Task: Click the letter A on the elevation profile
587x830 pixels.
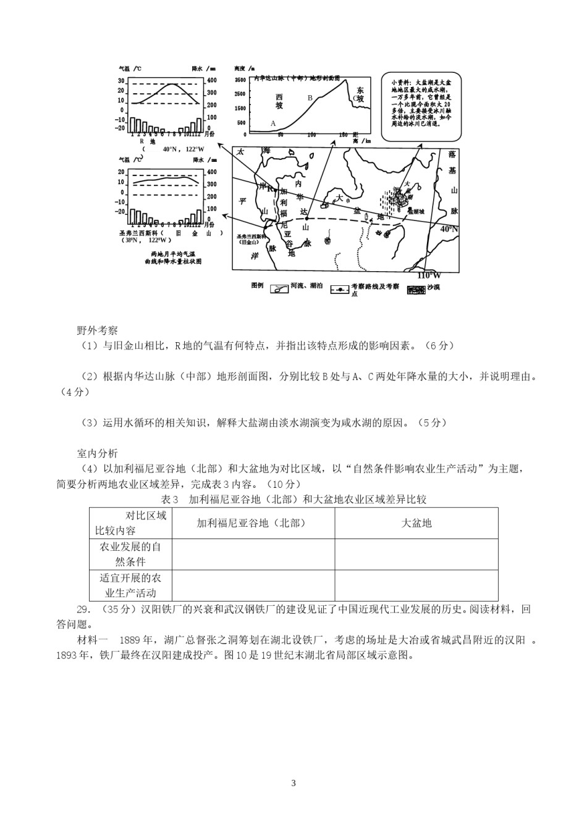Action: pos(273,124)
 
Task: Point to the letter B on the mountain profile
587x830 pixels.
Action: pos(310,98)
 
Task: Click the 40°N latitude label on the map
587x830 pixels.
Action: pos(449,228)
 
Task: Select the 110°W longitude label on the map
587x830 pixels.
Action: pos(429,275)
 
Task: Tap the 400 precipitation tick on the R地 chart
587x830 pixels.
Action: pos(212,80)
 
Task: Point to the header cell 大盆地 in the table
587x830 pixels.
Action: pos(416,523)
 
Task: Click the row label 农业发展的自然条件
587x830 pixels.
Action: pos(130,554)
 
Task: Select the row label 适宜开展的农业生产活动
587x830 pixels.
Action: pos(130,585)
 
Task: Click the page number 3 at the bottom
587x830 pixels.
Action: pos(293,784)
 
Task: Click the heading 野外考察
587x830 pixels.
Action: pos(97,330)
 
